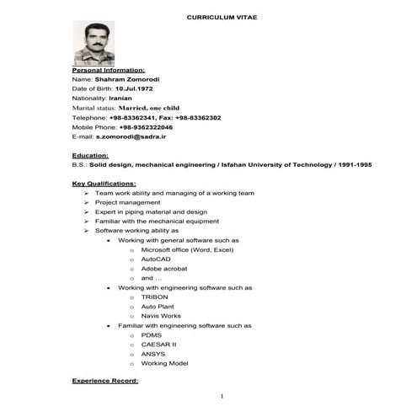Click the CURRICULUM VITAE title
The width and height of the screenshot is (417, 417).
[222, 16]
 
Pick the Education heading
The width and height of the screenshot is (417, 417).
[90, 156]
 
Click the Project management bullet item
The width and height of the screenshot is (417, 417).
[127, 202]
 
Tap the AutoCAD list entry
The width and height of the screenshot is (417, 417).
[156, 259]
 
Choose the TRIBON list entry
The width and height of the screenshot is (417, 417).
[155, 297]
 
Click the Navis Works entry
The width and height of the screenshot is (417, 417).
[161, 316]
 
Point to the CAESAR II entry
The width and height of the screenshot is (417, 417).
[158, 345]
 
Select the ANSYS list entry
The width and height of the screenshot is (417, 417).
[153, 354]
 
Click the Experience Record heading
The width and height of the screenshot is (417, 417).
[105, 382]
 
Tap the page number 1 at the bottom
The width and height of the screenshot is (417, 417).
[222, 396]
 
